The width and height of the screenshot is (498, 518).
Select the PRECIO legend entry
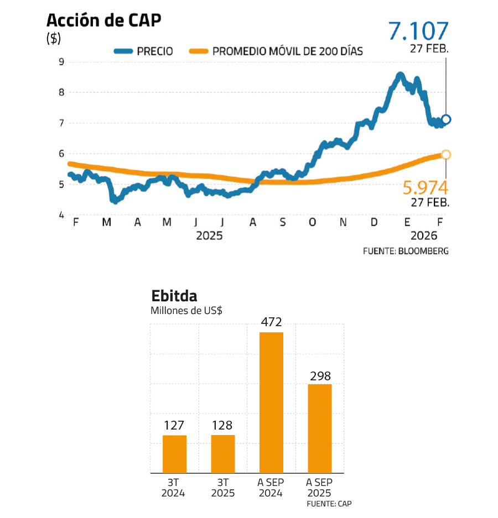click(x=143, y=51)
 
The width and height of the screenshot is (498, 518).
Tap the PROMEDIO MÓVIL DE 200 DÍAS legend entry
click(x=276, y=51)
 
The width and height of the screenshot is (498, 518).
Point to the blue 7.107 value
click(x=418, y=31)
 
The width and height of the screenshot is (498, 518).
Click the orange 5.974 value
click(x=425, y=187)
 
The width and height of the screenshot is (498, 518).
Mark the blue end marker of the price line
click(x=446, y=119)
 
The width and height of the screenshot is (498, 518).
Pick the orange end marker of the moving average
click(x=446, y=155)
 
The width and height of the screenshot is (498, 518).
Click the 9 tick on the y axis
click(x=61, y=62)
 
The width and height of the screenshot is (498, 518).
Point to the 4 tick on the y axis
click(x=61, y=215)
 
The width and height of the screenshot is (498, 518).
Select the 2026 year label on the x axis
click(x=424, y=236)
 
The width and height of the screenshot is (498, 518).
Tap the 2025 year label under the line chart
click(x=209, y=236)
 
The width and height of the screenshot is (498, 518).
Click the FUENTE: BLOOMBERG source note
click(x=406, y=251)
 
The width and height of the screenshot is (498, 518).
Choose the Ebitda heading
click(x=174, y=296)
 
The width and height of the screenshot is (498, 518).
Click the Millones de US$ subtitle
click(x=186, y=311)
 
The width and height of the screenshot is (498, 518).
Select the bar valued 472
click(x=271, y=402)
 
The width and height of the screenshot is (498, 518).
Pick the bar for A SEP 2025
click(x=319, y=428)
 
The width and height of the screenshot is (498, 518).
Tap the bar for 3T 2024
click(x=174, y=454)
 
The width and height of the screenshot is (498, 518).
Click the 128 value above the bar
click(x=222, y=426)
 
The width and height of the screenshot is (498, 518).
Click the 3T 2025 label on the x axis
click(x=222, y=488)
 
